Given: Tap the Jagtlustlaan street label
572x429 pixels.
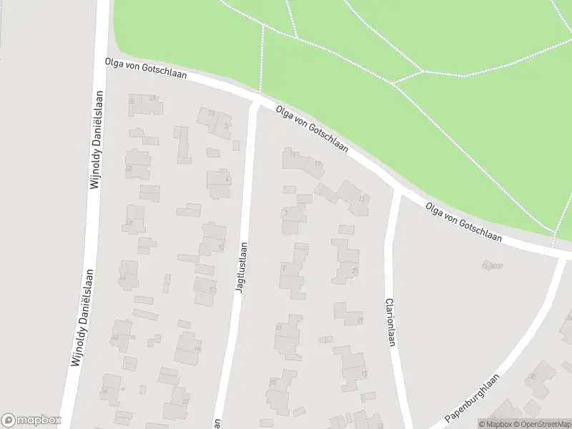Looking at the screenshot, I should [242, 267].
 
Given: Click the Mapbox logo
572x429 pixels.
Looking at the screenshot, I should [31, 420].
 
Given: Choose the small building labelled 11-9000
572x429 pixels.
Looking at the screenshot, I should [493, 266].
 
